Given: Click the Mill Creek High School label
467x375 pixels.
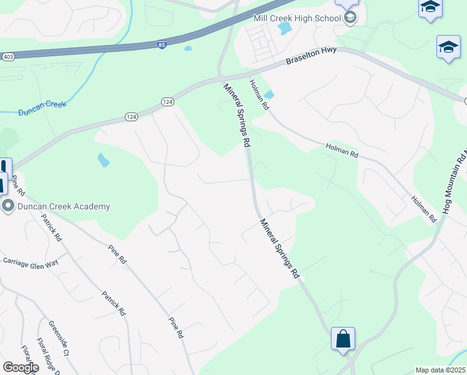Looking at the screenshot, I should (x=297, y=17).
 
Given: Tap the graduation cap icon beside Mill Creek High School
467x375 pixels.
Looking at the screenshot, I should (x=350, y=17).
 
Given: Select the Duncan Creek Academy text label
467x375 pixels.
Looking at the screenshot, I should (x=64, y=206).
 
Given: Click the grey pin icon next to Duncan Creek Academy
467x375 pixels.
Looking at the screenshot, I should (x=8, y=206).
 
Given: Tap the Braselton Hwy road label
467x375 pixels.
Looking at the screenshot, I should (x=311, y=57).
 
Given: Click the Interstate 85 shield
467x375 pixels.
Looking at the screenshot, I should (x=162, y=46).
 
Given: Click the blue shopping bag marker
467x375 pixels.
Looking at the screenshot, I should (x=343, y=339).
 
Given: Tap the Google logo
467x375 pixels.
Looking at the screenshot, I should (x=21, y=367).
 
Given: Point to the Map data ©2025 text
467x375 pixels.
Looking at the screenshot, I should (x=441, y=370).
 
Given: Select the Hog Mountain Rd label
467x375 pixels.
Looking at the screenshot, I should (x=455, y=184).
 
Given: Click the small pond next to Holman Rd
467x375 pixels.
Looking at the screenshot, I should (x=269, y=95).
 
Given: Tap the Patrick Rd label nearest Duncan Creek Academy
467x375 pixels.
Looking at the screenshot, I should (x=51, y=228).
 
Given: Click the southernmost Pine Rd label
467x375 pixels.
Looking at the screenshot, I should (x=176, y=327).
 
